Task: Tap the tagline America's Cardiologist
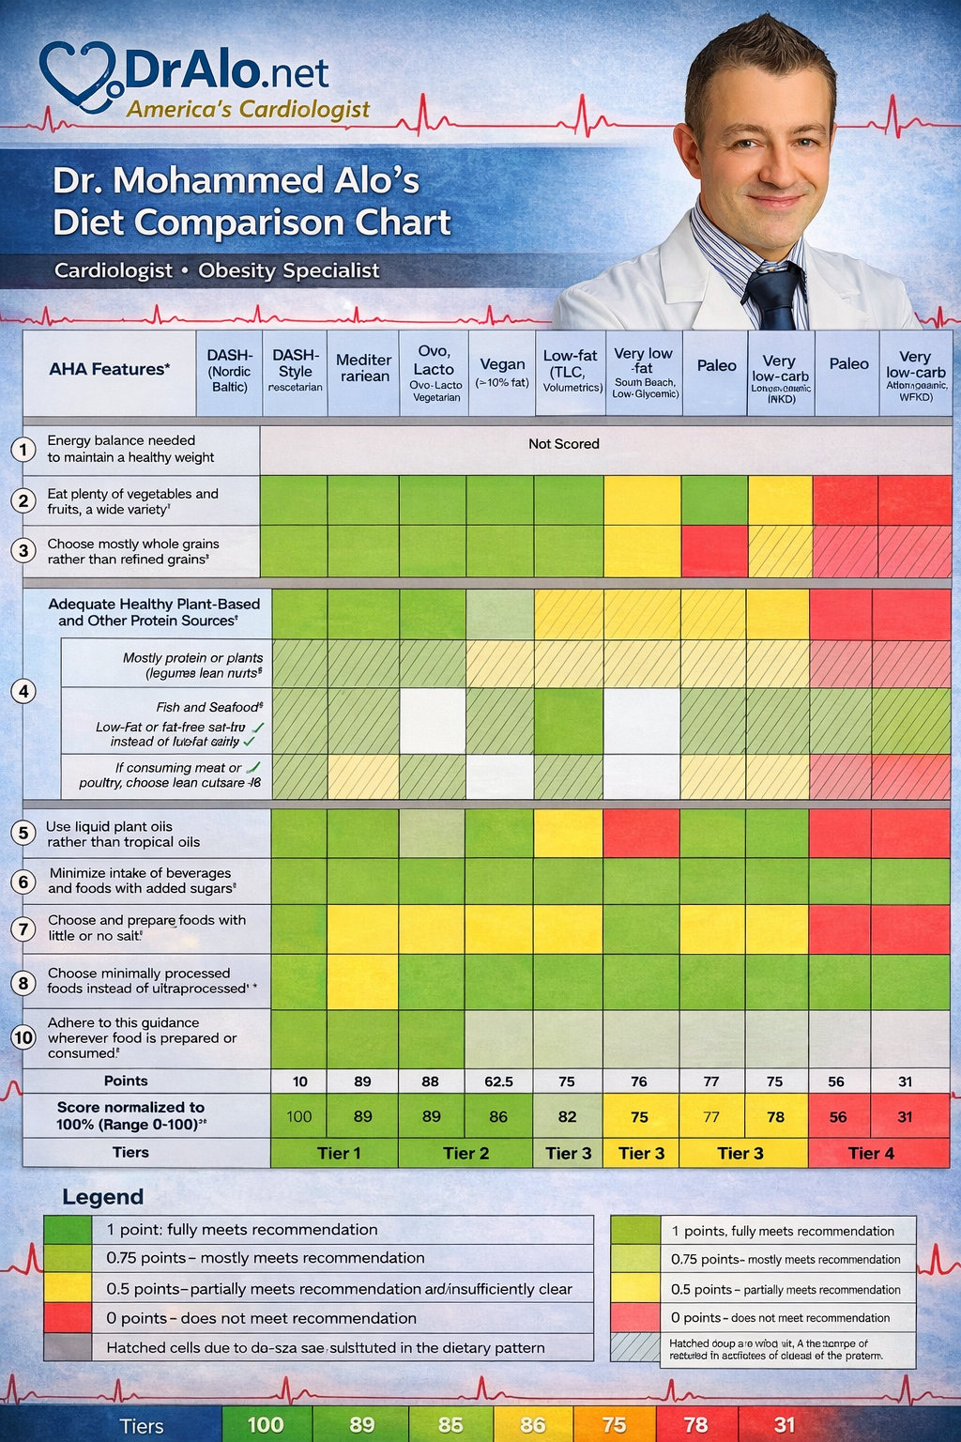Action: tap(249, 110)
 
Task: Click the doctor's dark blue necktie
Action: tap(775, 297)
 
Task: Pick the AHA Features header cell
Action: tap(109, 369)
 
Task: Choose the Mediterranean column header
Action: tap(363, 368)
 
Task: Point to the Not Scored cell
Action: tap(563, 444)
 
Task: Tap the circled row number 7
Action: tap(23, 928)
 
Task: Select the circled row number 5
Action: tap(23, 834)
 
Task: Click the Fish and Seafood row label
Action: tap(208, 707)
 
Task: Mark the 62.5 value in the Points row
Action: tap(498, 1081)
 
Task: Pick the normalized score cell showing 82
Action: tap(567, 1116)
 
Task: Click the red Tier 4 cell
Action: tap(871, 1153)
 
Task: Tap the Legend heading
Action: tap(102, 1197)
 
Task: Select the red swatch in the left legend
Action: tap(68, 1318)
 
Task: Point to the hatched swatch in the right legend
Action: tap(635, 1348)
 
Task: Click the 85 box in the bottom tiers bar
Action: tap(450, 1424)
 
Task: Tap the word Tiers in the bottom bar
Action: tap(142, 1426)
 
